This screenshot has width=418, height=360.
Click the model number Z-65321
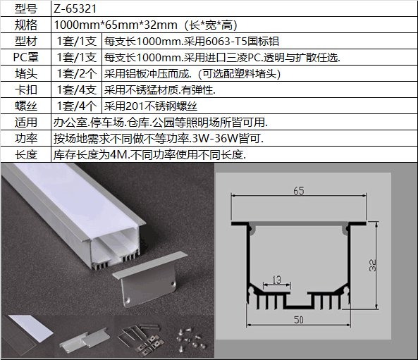pyautogui.click(x=75, y=8)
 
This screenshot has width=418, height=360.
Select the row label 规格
pyautogui.click(x=26, y=25)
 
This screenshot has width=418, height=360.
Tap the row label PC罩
pyautogui.click(x=26, y=57)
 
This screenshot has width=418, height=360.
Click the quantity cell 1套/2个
pyautogui.click(x=77, y=74)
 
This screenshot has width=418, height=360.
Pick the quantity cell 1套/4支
pyautogui.click(x=77, y=89)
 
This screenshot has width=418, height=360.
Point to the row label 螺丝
pyautogui.click(x=26, y=106)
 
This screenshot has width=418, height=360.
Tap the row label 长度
pyautogui.click(x=26, y=154)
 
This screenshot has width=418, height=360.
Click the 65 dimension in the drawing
pyautogui.click(x=299, y=191)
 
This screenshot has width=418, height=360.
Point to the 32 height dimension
pyautogui.click(x=373, y=265)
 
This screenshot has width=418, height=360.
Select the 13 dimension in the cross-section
pyautogui.click(x=277, y=280)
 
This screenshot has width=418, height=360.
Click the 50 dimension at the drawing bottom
pyautogui.click(x=299, y=320)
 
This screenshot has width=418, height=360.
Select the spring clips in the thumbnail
pyautogui.click(x=140, y=339)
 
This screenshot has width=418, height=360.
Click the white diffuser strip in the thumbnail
pyautogui.click(x=30, y=328)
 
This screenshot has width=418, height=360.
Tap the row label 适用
pyautogui.click(x=26, y=123)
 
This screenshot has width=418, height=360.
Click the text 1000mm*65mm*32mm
pyautogui.click(x=116, y=25)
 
